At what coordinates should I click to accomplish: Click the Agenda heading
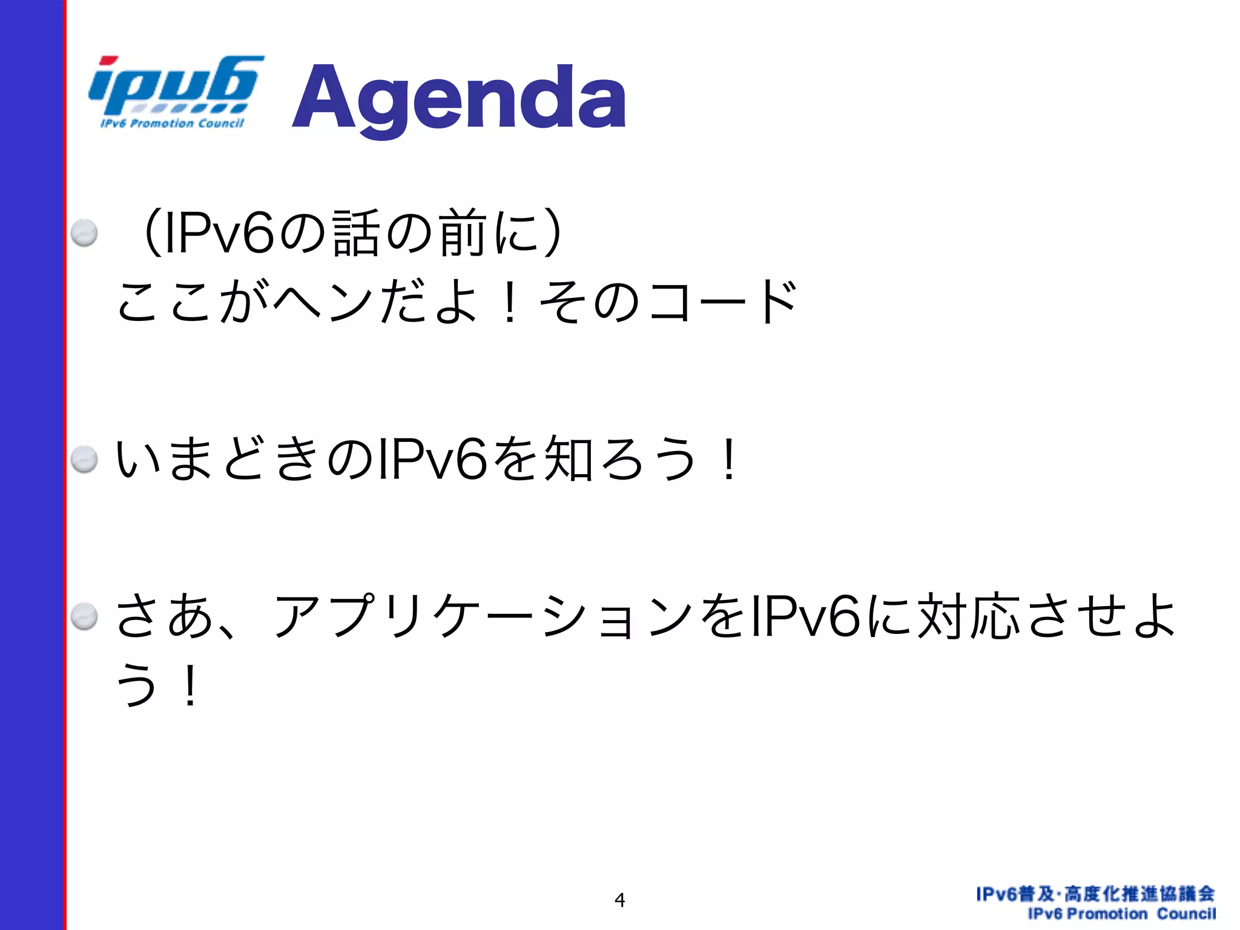(x=459, y=98)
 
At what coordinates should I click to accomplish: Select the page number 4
(x=619, y=900)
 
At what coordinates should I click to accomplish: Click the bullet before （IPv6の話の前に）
(x=84, y=232)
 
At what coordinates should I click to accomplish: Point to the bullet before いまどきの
(x=84, y=459)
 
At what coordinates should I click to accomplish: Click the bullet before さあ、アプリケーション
(x=84, y=616)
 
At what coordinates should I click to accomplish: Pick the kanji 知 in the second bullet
(x=568, y=459)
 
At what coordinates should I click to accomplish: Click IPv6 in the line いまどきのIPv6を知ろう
(x=431, y=459)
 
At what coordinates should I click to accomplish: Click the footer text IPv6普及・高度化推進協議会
(x=1095, y=894)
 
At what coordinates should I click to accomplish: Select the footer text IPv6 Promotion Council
(x=1121, y=914)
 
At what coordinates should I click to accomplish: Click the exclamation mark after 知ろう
(x=730, y=459)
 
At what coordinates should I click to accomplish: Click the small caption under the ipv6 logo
(x=172, y=124)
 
